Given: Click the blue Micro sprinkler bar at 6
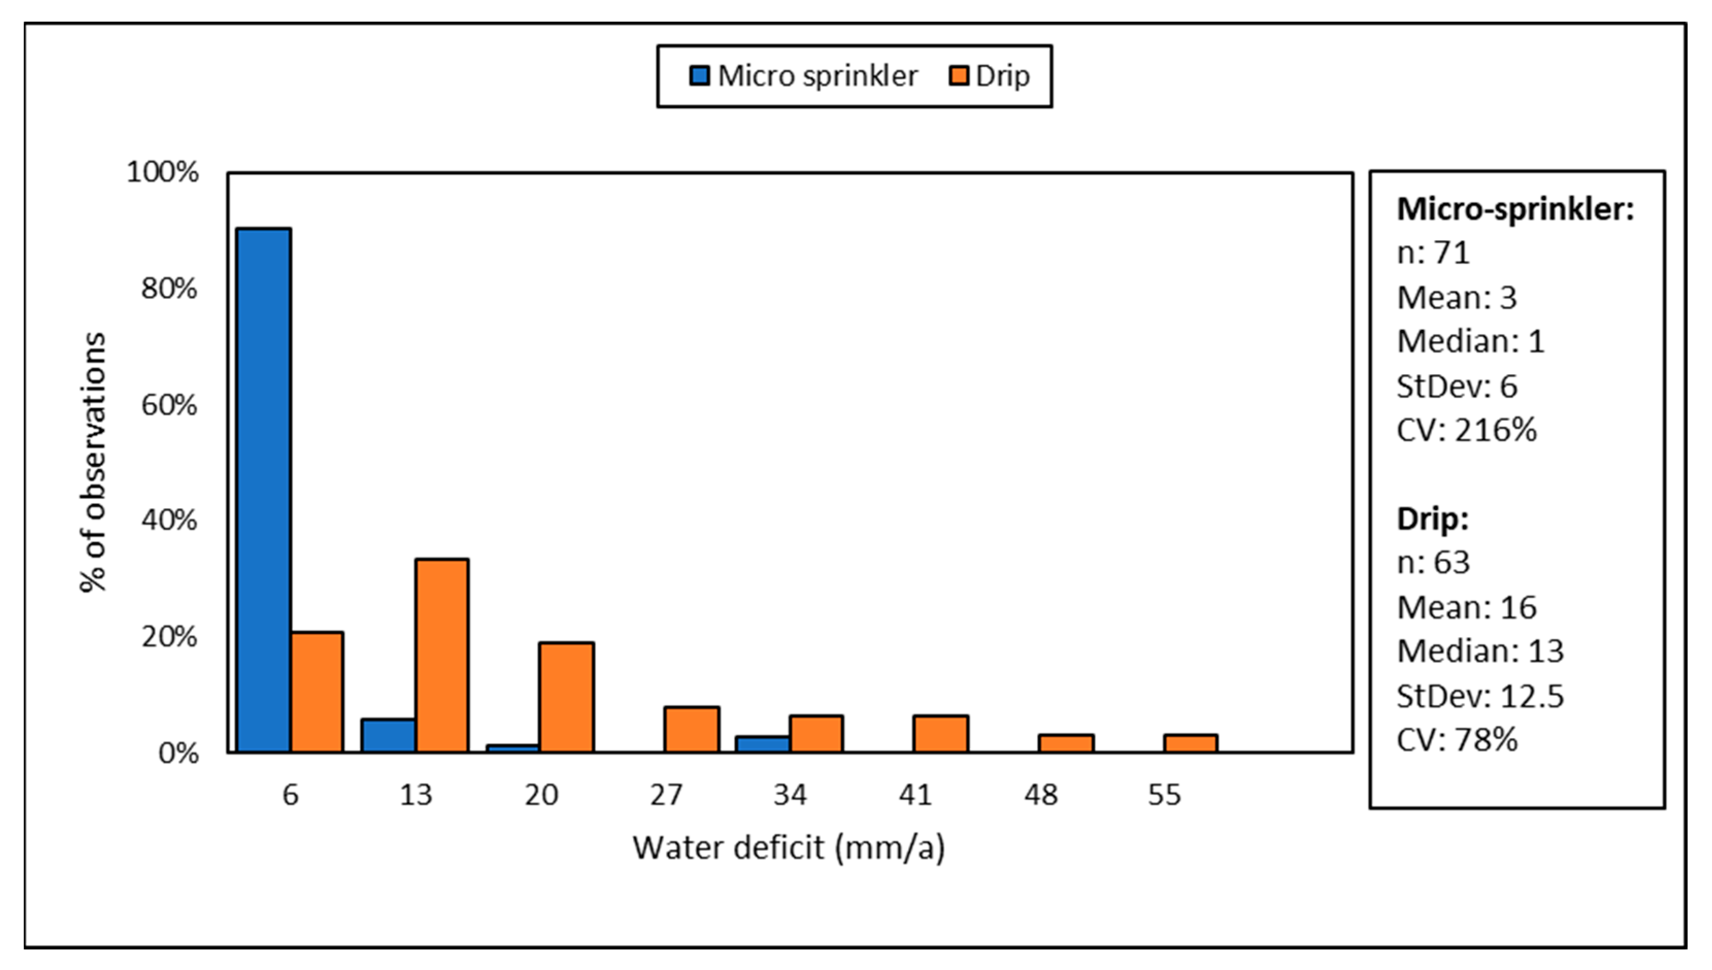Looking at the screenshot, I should click(x=264, y=490).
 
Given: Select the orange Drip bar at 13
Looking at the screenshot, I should click(x=442, y=656).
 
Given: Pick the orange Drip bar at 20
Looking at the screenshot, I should click(x=566, y=697).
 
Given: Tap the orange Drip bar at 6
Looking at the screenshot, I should click(x=317, y=692).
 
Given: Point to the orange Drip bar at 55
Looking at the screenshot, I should click(x=1190, y=744).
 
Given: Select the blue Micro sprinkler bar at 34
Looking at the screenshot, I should click(x=763, y=744).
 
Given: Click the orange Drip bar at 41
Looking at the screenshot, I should click(x=941, y=733).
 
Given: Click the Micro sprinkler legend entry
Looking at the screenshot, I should click(x=803, y=76).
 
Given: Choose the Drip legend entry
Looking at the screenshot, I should click(x=990, y=76).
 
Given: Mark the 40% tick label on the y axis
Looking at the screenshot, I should click(x=169, y=521).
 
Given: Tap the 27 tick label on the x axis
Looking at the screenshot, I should click(x=666, y=795).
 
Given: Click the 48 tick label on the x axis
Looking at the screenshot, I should click(x=1040, y=795).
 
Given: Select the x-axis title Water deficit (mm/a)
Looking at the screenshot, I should click(x=788, y=848).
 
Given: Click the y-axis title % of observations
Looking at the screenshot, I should click(x=93, y=462).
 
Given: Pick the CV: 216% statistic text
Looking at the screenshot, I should click(x=1466, y=430).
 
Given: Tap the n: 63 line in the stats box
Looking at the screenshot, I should click(x=1433, y=563).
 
